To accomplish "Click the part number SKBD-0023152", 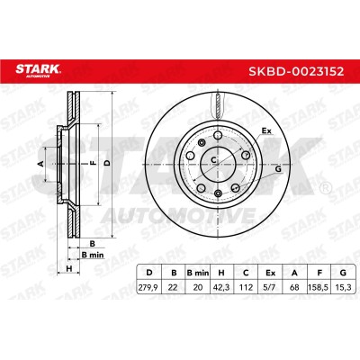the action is coord(296,72).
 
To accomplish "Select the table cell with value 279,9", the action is coord(148,287).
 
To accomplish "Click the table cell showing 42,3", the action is coord(221,287).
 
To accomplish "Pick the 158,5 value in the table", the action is coord(319,287).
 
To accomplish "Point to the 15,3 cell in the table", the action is coord(343,287).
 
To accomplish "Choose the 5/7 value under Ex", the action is coord(270,287).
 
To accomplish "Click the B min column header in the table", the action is coord(197,273).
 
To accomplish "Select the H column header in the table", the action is coord(221,273).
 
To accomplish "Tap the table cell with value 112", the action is coord(246,287).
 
